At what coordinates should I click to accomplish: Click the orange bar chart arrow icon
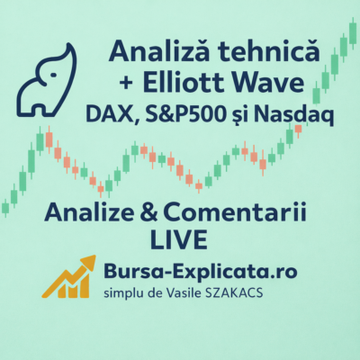tap(69, 276)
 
